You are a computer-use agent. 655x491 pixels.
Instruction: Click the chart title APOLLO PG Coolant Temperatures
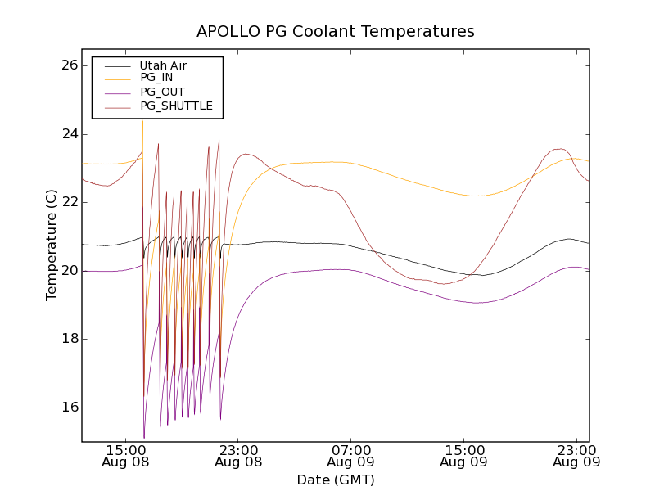click(335, 32)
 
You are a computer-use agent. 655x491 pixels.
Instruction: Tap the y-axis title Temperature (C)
click(52, 245)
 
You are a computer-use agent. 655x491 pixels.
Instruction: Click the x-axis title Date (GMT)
click(335, 480)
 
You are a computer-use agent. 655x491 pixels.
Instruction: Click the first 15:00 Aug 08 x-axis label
click(126, 456)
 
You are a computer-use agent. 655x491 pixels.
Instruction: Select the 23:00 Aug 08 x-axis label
click(238, 456)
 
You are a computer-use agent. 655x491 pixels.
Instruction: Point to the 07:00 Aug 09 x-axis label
click(351, 456)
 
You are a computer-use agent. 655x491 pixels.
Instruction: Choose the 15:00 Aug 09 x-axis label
click(463, 456)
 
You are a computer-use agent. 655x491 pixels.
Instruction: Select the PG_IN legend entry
click(156, 78)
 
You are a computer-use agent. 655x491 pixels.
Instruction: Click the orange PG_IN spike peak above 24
click(142, 121)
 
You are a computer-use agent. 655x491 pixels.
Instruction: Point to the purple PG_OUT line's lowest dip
click(144, 438)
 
